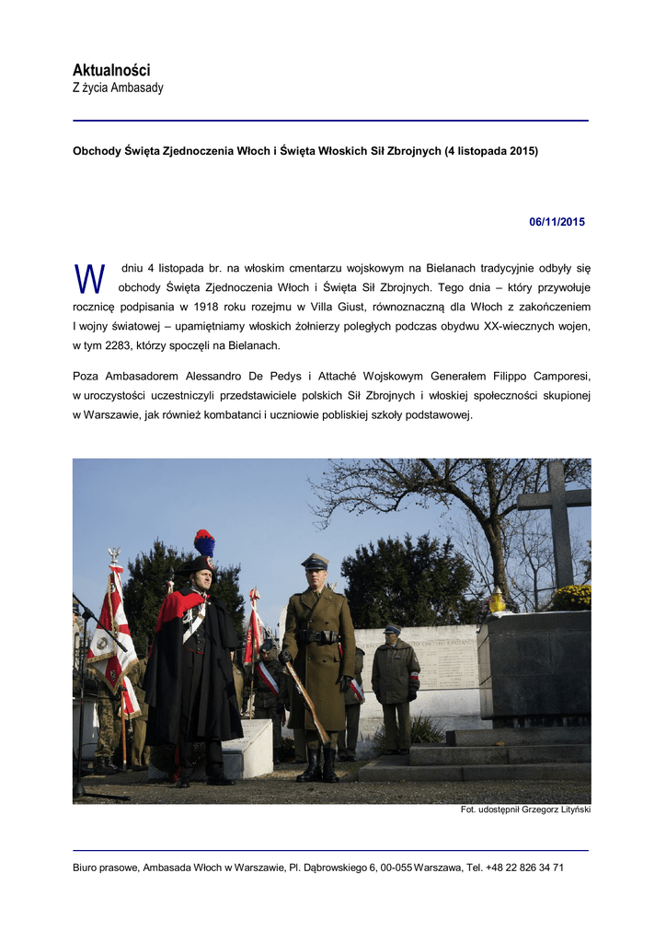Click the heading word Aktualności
[x=111, y=70]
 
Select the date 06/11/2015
[x=557, y=222]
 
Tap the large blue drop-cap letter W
[x=89, y=278]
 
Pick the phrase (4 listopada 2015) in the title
[x=491, y=150]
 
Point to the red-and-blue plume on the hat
[x=203, y=543]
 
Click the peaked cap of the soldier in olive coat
[x=315, y=561]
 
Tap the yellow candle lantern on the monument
[x=498, y=601]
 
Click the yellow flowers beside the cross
[x=572, y=597]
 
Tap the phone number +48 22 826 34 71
[x=524, y=867]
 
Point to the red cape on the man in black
[x=177, y=608]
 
